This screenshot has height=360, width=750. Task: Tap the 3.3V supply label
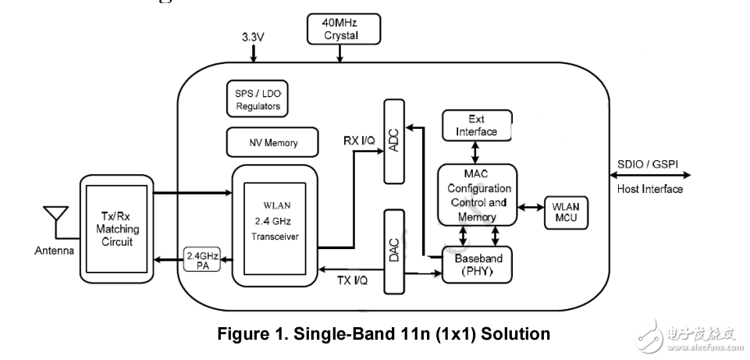click(253, 37)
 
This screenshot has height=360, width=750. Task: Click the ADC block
click(396, 141)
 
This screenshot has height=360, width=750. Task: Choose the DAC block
click(396, 250)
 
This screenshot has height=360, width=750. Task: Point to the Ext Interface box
click(476, 126)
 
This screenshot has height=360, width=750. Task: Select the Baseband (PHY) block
click(478, 265)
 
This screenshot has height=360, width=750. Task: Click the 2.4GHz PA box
click(203, 260)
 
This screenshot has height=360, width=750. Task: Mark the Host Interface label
click(649, 189)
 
